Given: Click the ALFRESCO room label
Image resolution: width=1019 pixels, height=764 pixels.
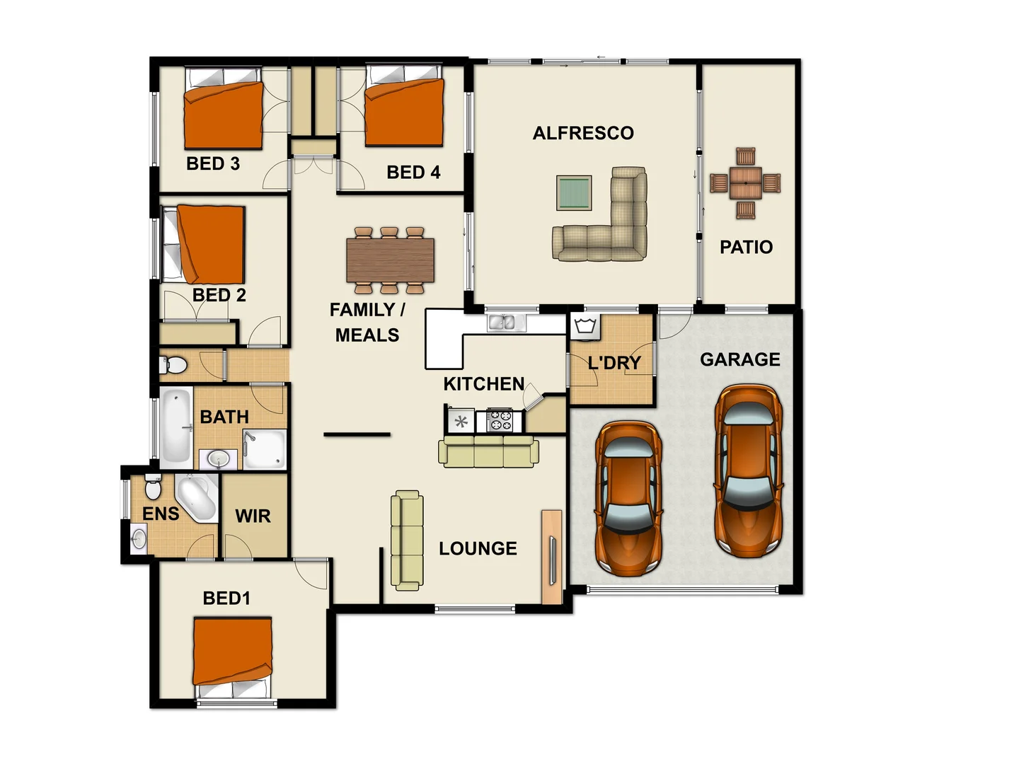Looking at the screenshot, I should pos(583,133).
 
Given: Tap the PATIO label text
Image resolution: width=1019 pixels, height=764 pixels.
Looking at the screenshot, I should pos(746,247).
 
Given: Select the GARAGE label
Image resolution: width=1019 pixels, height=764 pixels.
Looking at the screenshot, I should pos(739,359).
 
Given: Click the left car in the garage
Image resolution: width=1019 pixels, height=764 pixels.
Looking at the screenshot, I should pos(628,498).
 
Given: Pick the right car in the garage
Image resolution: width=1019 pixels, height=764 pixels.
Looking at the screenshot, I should pos(748,470).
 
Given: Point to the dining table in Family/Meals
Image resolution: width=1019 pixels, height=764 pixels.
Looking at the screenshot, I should pos(390,260).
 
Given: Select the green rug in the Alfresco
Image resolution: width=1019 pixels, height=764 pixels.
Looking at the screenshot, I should pos(573,193).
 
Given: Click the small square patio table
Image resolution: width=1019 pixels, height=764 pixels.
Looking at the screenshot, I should pos(745,183).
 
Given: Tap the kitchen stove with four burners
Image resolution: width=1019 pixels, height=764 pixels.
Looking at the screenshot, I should pos(500,420).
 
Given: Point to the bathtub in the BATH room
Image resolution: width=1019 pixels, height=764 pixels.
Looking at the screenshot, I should pos(175,427).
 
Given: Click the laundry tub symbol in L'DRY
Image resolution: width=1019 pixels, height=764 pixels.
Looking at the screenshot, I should pos(585,328).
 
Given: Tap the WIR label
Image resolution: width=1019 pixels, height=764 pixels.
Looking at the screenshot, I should pos(253,516).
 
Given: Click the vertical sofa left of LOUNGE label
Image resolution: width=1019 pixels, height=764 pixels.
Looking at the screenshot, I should pos(407,540).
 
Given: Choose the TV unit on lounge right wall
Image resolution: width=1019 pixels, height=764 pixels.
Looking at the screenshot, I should pos(551,557).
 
